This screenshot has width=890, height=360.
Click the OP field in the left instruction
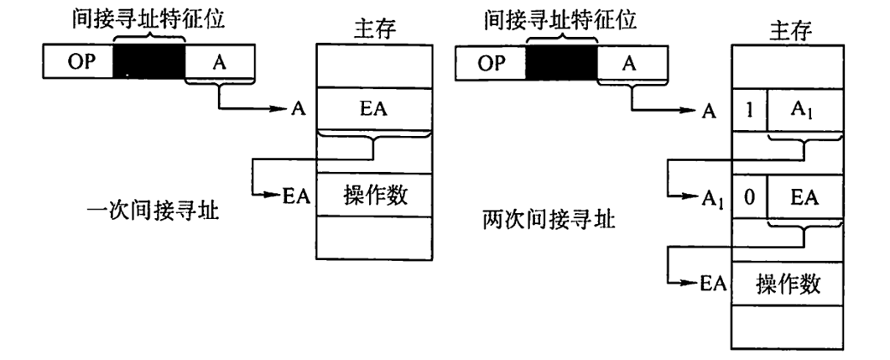77,63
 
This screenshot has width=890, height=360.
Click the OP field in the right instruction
490,63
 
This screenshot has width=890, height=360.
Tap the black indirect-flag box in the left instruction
148,63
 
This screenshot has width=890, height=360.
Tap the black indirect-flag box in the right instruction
561,63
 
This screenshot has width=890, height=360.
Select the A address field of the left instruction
218,63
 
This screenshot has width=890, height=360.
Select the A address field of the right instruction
630,63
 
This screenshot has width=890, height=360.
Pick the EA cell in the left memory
374,110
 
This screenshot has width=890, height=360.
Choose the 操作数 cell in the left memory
374,195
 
